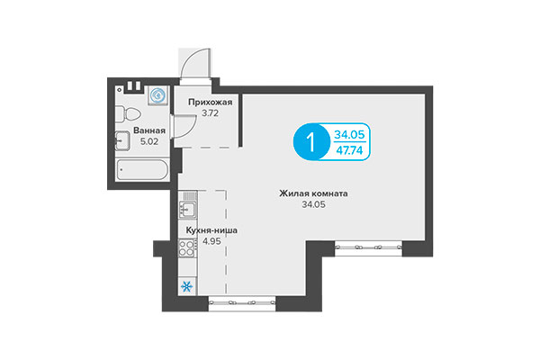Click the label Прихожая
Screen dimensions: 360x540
(x=209, y=103)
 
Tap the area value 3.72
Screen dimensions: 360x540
(x=209, y=114)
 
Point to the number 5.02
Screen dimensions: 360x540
(x=148, y=141)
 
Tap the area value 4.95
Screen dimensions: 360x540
(x=211, y=242)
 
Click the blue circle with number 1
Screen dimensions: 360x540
(x=312, y=142)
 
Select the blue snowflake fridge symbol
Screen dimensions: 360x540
(x=187, y=288)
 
